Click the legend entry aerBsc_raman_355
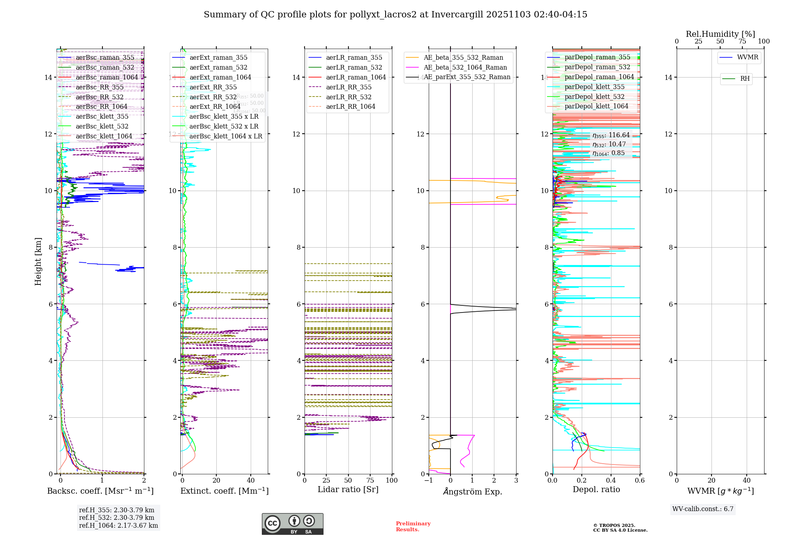(x=105, y=58)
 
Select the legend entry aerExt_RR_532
(x=213, y=97)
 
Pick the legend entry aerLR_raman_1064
(x=356, y=77)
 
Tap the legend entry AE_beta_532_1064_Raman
(x=465, y=67)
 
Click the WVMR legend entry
(x=747, y=57)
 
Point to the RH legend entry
(x=745, y=79)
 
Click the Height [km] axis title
(x=38, y=261)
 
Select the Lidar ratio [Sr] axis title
(x=348, y=490)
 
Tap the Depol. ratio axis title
(x=596, y=490)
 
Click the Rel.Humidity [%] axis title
(x=720, y=34)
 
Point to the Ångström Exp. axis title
(x=473, y=492)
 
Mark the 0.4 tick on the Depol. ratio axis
(x=611, y=481)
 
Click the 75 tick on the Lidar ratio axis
(x=370, y=481)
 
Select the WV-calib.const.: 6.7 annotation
(x=703, y=509)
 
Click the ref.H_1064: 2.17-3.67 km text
(x=118, y=526)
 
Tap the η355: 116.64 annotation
(x=611, y=135)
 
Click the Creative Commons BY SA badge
(x=292, y=524)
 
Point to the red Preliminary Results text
(x=413, y=527)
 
